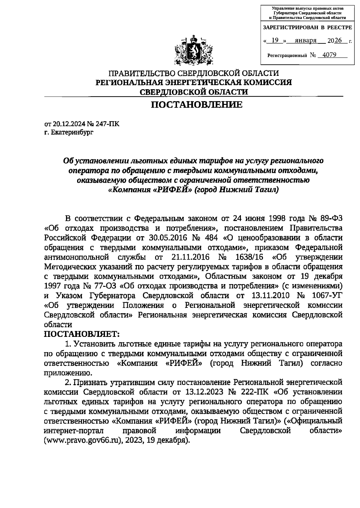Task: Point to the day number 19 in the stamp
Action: (274, 40)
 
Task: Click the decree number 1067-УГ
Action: (327, 296)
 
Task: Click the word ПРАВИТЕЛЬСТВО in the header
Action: (142, 73)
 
